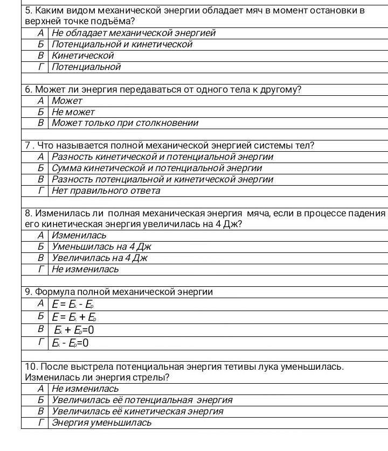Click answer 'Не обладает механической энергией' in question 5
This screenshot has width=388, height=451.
[x=134, y=33]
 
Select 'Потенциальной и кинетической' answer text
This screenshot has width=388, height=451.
[x=122, y=44]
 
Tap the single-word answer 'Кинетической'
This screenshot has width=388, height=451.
[x=83, y=55]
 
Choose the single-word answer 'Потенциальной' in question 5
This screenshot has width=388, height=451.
[x=86, y=67]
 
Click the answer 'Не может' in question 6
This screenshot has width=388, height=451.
[x=73, y=112]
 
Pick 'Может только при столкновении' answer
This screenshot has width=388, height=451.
[x=125, y=123]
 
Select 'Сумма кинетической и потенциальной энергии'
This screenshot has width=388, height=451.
[x=157, y=168]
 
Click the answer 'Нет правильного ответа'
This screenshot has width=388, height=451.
[x=106, y=191]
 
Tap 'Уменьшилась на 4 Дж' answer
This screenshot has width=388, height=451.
[x=102, y=246]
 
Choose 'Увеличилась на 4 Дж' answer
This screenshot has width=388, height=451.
[x=100, y=258]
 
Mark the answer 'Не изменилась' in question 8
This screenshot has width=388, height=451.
[x=85, y=269]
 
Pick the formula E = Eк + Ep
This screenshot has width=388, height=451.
[x=74, y=317]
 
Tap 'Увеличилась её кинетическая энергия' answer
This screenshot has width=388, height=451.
[x=137, y=411]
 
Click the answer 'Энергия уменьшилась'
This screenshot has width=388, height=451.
[x=102, y=422]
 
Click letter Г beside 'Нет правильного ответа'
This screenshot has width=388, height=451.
[x=40, y=191]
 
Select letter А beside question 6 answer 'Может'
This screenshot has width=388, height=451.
[x=40, y=101]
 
